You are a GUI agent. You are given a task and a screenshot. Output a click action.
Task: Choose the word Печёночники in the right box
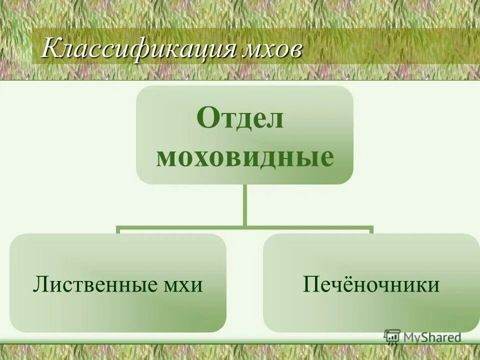[x=371, y=284]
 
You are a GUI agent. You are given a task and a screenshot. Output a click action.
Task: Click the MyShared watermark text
[x=431, y=337]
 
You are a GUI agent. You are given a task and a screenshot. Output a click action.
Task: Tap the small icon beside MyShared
[x=391, y=337]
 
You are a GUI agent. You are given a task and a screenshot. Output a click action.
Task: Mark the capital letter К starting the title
[x=50, y=50]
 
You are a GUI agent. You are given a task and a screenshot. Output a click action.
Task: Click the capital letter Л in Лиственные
[x=40, y=285]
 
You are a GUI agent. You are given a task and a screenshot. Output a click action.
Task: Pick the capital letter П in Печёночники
[x=310, y=284]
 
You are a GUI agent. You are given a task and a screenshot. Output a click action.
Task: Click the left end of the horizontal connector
[x=118, y=229]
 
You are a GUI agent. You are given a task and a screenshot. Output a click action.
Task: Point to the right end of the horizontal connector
[x=371, y=229]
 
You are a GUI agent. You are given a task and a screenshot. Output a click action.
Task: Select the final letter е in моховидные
[x=325, y=158]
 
